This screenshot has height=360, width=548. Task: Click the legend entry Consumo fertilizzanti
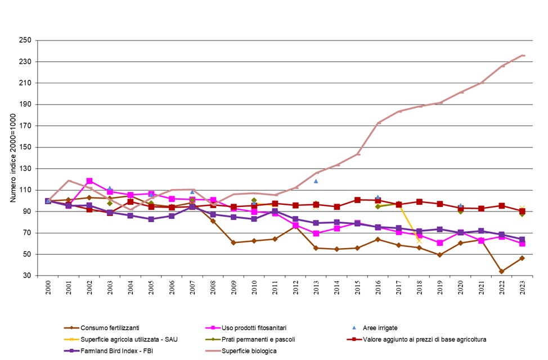[110, 328]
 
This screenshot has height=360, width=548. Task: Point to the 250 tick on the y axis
[24, 40]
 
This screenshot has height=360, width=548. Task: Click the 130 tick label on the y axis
[24, 169]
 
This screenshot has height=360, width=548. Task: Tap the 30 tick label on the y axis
[26, 276]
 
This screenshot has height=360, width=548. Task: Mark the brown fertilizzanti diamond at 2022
[501, 271]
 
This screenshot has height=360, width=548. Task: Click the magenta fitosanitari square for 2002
[89, 181]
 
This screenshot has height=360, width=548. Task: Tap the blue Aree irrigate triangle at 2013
[316, 181]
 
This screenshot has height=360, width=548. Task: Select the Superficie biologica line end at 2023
[523, 55]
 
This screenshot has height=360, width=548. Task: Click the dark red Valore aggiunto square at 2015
[357, 200]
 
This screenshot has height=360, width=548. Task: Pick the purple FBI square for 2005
[151, 219]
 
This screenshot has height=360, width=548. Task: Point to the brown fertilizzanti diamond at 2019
[440, 255]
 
